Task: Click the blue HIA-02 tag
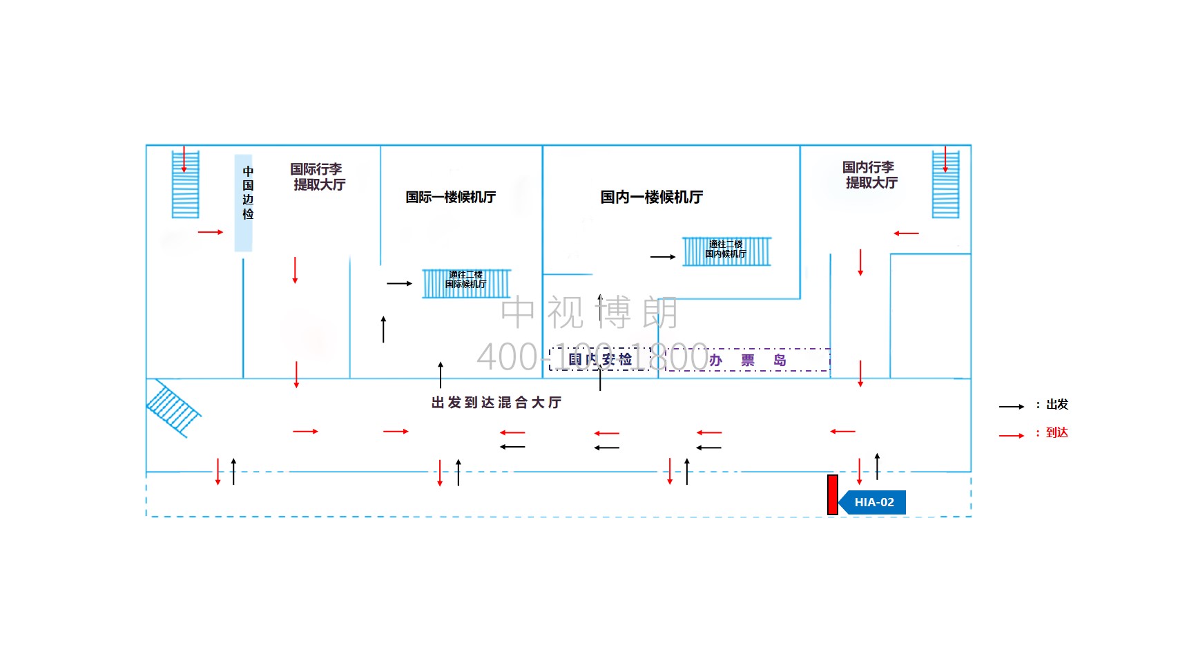point(873,502)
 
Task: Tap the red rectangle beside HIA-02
point(833,494)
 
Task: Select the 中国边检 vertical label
point(248,193)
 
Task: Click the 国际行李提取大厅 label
point(318,177)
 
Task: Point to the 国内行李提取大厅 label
point(870,175)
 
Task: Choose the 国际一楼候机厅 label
point(450,198)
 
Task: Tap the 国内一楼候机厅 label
point(651,198)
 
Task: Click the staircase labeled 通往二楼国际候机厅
point(467,283)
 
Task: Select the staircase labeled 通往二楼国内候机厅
point(726,251)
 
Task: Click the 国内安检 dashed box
point(600,359)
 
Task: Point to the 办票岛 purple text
point(748,361)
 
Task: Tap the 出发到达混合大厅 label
point(496,403)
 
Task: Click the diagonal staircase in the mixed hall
point(173,409)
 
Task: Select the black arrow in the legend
point(1011,407)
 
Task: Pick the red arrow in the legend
point(1011,436)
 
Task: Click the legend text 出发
point(1056,405)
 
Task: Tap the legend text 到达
point(1056,433)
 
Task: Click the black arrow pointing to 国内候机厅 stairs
point(663,257)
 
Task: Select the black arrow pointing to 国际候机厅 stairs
point(399,283)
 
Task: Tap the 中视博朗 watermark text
point(589,312)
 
